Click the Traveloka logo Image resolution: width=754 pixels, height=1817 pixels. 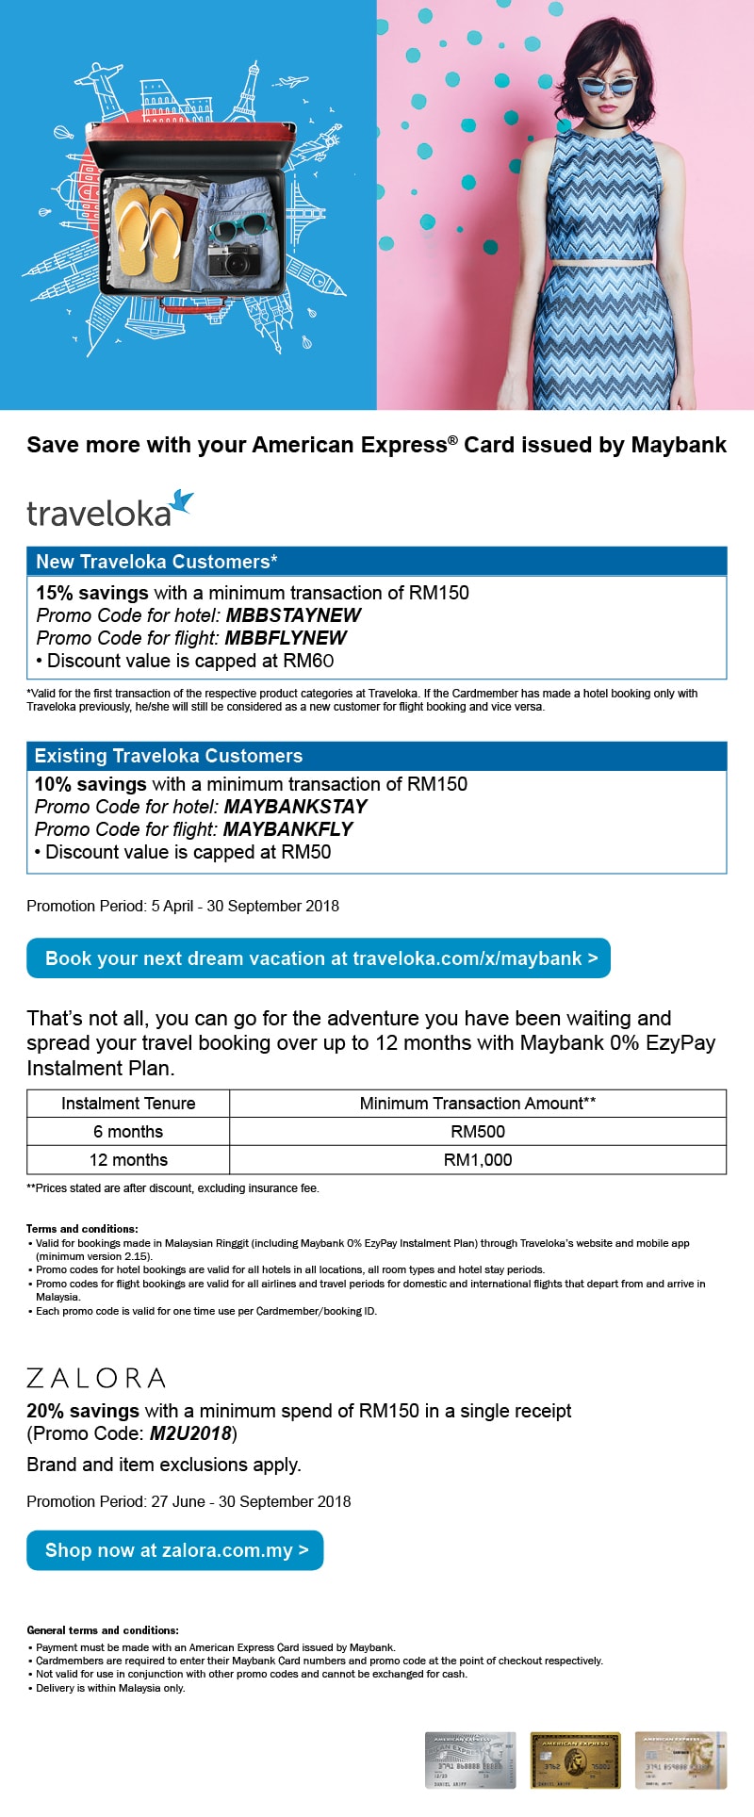tap(109, 510)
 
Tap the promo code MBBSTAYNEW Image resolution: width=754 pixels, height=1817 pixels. tap(293, 615)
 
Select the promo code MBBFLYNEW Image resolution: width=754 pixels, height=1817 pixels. tap(286, 638)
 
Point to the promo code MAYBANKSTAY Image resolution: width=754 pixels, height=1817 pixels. tap(295, 807)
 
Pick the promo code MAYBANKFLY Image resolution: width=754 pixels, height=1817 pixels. tap(287, 829)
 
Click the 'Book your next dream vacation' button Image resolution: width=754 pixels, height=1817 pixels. tap(319, 958)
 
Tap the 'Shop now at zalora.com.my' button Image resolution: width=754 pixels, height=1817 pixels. tap(175, 1550)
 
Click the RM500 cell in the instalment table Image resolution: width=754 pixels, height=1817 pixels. tap(478, 1132)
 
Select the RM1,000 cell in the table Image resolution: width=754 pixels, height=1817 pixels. tap(478, 1160)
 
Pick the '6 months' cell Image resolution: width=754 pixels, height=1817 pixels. tap(128, 1132)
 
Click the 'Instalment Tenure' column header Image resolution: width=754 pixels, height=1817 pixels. tap(128, 1104)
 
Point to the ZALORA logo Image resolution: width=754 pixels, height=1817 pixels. tap(96, 1378)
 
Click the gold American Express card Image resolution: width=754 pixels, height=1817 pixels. tap(575, 1760)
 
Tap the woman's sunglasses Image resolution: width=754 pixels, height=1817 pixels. tap(606, 88)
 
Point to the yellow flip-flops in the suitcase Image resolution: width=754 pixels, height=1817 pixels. tap(151, 231)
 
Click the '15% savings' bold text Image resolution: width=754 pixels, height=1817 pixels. tap(92, 593)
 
